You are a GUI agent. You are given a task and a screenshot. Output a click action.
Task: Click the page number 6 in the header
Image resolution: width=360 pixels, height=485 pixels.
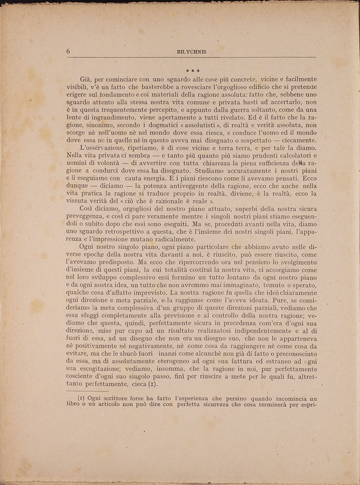pos(69,51)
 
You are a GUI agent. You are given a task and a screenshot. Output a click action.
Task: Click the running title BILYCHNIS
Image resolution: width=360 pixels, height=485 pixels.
pos(191,52)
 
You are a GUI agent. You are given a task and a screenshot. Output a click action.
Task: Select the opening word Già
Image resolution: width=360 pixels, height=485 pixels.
pos(86,80)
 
